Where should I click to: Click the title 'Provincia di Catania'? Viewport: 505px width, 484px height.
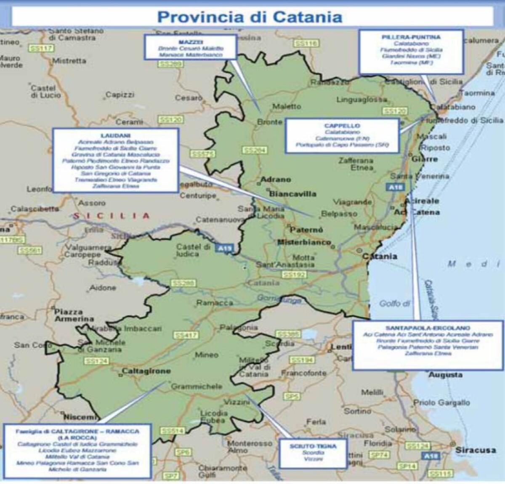click(x=250, y=17)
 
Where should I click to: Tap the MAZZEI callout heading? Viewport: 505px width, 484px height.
click(x=191, y=42)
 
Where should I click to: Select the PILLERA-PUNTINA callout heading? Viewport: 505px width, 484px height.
click(x=411, y=37)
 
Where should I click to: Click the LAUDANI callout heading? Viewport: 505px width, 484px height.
click(x=116, y=136)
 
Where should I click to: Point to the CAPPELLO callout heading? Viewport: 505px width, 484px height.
click(x=342, y=126)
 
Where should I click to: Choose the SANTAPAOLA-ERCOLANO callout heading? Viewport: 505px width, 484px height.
click(x=428, y=328)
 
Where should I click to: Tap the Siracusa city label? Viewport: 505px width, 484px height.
click(x=475, y=450)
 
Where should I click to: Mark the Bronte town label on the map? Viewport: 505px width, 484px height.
click(x=269, y=122)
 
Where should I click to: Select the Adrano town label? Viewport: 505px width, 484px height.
click(x=276, y=180)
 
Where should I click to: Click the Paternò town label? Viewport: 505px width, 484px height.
click(x=306, y=230)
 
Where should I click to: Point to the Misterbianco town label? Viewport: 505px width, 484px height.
click(x=304, y=243)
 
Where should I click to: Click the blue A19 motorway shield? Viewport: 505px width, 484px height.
click(x=224, y=249)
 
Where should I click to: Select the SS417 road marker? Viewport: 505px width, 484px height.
click(x=186, y=335)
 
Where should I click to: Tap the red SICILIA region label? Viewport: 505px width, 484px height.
click(x=111, y=216)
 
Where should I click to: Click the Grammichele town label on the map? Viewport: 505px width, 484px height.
click(x=197, y=386)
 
